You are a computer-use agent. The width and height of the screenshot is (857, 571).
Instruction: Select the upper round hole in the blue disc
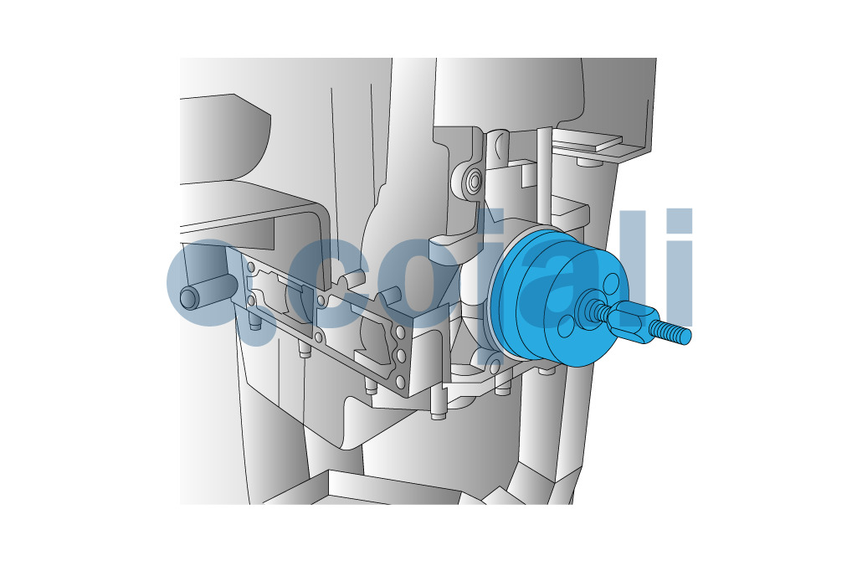pyautogui.click(x=611, y=282)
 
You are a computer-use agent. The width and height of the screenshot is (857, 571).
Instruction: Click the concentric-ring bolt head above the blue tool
pyautogui.click(x=474, y=180)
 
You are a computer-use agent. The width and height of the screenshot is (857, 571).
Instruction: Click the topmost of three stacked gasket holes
pyautogui.click(x=400, y=332)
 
